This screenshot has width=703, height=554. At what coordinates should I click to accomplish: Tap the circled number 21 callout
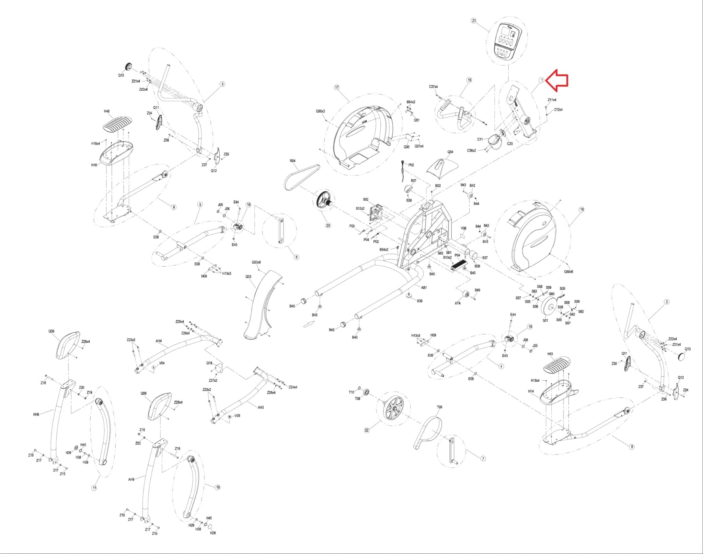474,21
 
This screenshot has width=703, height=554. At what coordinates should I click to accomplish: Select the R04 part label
292,161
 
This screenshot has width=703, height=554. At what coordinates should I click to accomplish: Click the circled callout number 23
328,225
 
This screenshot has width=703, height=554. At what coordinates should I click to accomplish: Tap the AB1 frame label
424,287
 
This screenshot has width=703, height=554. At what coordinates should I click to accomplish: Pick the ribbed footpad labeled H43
557,364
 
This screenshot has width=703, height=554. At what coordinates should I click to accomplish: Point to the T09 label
439,407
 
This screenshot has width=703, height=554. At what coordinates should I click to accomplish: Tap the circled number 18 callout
581,209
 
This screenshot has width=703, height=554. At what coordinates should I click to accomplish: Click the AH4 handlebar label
159,341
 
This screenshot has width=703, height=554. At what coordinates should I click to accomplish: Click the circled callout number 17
336,87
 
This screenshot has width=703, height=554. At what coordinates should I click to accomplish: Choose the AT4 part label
458,303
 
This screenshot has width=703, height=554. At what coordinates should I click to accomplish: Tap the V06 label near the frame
463,228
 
